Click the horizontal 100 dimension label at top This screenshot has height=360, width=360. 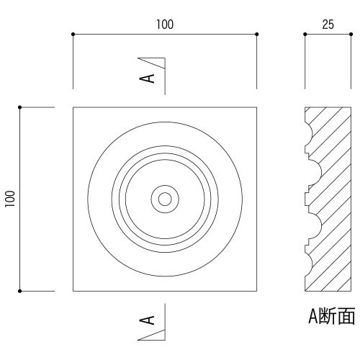tap(165, 24)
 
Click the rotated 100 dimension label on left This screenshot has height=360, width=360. tap(10, 199)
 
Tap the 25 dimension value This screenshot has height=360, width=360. tap(328, 24)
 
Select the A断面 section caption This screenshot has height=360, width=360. tap(332, 316)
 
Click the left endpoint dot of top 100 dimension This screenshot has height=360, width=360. tap(73, 34)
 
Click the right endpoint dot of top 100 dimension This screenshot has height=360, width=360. tap(257, 34)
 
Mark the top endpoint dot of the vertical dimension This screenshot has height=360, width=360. tap(20, 107)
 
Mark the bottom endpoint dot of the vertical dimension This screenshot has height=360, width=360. tap(20, 291)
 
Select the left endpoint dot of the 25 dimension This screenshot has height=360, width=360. tap(305, 34)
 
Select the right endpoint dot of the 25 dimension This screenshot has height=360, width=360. tap(351, 34)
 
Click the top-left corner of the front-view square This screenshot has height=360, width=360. tap(73, 107)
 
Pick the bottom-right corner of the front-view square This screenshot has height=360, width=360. tap(257, 291)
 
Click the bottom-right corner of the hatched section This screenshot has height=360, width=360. tap(351, 291)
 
